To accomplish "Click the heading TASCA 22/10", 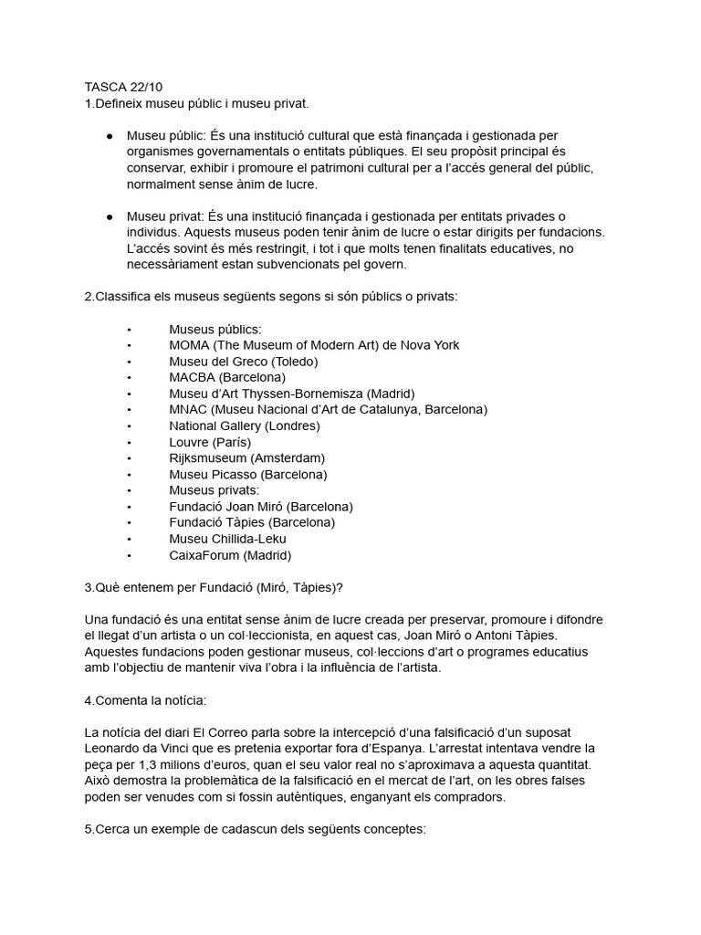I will [122, 88].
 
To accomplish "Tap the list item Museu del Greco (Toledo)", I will [243, 362].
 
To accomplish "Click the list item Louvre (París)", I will [210, 442].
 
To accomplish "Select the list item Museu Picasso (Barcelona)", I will [247, 475].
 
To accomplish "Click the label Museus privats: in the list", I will [214, 490].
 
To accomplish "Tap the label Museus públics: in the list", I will [215, 329].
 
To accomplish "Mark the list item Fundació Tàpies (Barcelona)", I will [252, 523].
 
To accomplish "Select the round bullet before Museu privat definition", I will [110, 216].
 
